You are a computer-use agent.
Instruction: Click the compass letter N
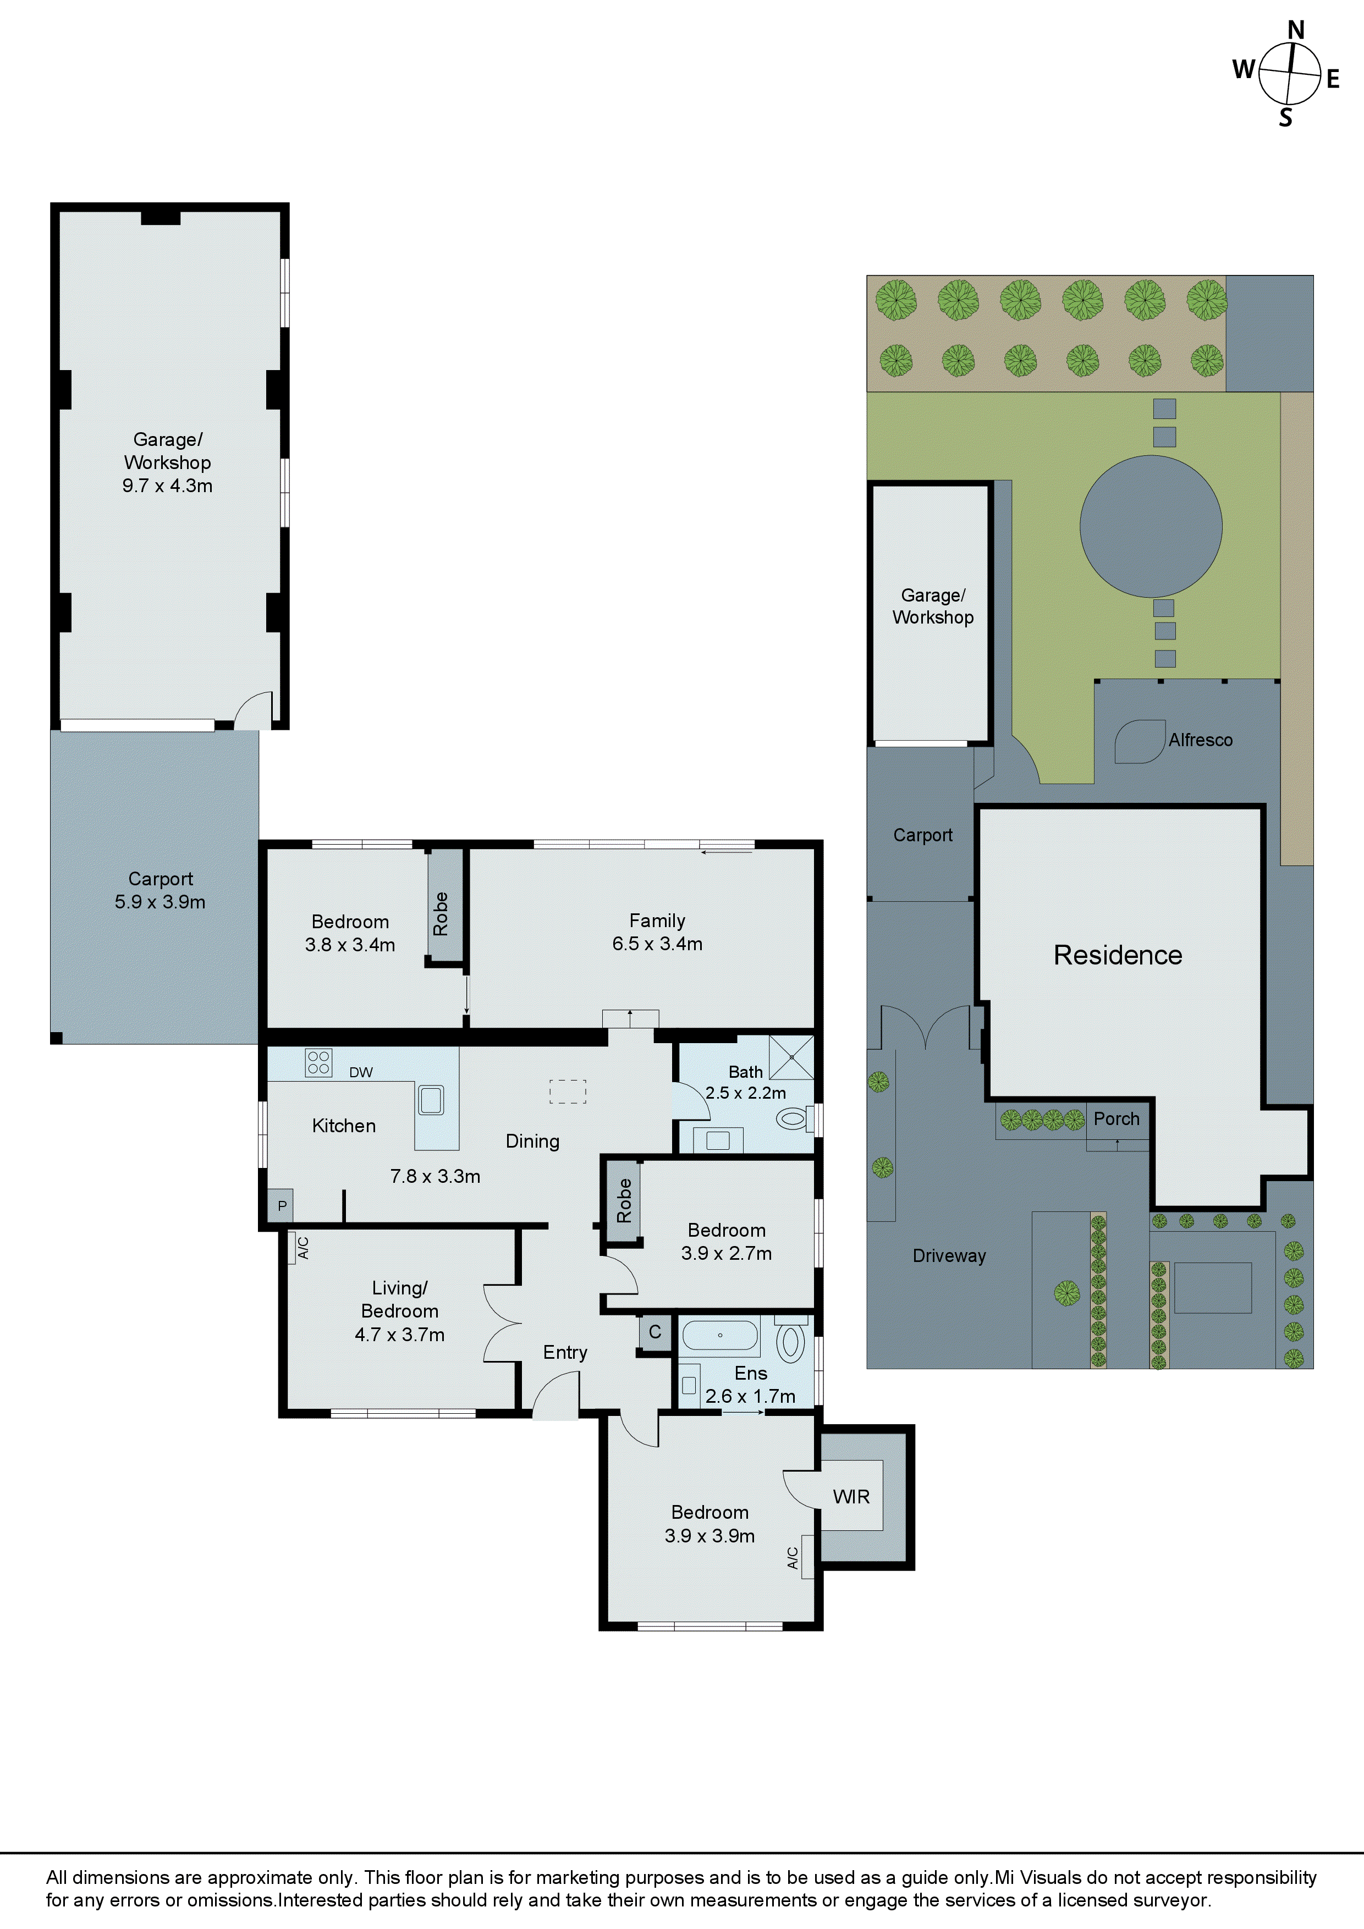click(x=1295, y=30)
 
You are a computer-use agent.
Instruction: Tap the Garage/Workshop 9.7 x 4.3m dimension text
click(x=167, y=486)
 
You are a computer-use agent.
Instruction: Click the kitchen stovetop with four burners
click(x=318, y=1063)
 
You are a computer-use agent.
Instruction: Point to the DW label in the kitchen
click(x=361, y=1072)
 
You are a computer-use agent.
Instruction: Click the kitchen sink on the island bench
click(x=431, y=1100)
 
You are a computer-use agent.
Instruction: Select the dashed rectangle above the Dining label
click(x=567, y=1090)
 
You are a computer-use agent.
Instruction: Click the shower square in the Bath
click(x=791, y=1057)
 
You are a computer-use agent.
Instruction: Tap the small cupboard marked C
click(x=654, y=1332)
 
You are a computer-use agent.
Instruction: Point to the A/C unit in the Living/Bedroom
click(x=301, y=1248)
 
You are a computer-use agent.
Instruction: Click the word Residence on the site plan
click(x=1117, y=955)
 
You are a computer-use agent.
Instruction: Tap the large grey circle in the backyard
click(x=1151, y=527)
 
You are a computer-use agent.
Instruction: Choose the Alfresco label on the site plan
click(x=1200, y=740)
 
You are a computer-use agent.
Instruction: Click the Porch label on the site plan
click(x=1116, y=1119)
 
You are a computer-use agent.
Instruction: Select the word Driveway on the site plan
click(x=949, y=1255)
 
